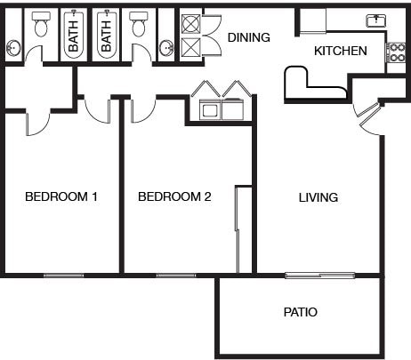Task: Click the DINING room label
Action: click(249, 37)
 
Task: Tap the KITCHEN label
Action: click(341, 51)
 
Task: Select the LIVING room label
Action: click(318, 197)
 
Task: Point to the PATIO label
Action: click(301, 312)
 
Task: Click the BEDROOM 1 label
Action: click(61, 196)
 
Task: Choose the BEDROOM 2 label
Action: click(174, 196)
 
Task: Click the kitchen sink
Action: click(376, 20)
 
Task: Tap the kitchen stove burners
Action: click(395, 52)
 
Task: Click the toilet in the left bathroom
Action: click(41, 24)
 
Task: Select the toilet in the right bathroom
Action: click(139, 24)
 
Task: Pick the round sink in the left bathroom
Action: click(13, 48)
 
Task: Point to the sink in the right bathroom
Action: click(166, 48)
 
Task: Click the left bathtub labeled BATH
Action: click(73, 35)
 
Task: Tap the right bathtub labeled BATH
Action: click(106, 35)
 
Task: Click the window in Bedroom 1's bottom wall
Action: click(63, 276)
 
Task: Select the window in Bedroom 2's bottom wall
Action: click(176, 276)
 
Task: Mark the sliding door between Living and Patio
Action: click(320, 276)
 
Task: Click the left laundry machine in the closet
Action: click(211, 109)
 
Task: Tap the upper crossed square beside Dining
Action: click(190, 24)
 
